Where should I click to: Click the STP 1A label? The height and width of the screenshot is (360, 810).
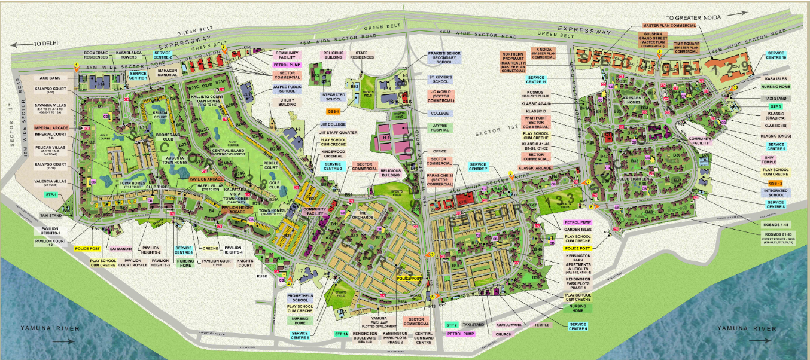click(x=342, y=333)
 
